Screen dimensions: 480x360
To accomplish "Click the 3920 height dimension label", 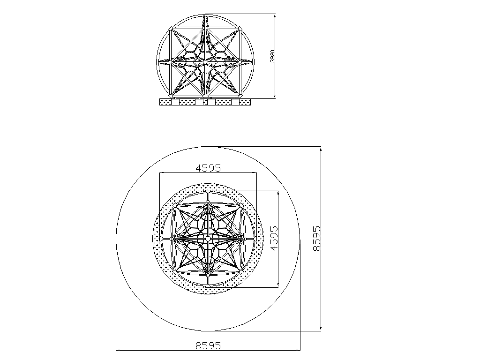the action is point(272,56).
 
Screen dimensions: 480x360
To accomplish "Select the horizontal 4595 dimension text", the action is point(208,168).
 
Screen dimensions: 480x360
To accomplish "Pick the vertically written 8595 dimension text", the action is point(317,239).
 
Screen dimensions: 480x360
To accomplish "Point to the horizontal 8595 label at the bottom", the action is point(208,345).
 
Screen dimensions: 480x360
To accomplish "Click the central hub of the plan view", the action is point(208,238).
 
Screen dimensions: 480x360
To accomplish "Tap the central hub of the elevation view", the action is point(205,61).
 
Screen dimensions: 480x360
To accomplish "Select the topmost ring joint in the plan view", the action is point(208,192).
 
